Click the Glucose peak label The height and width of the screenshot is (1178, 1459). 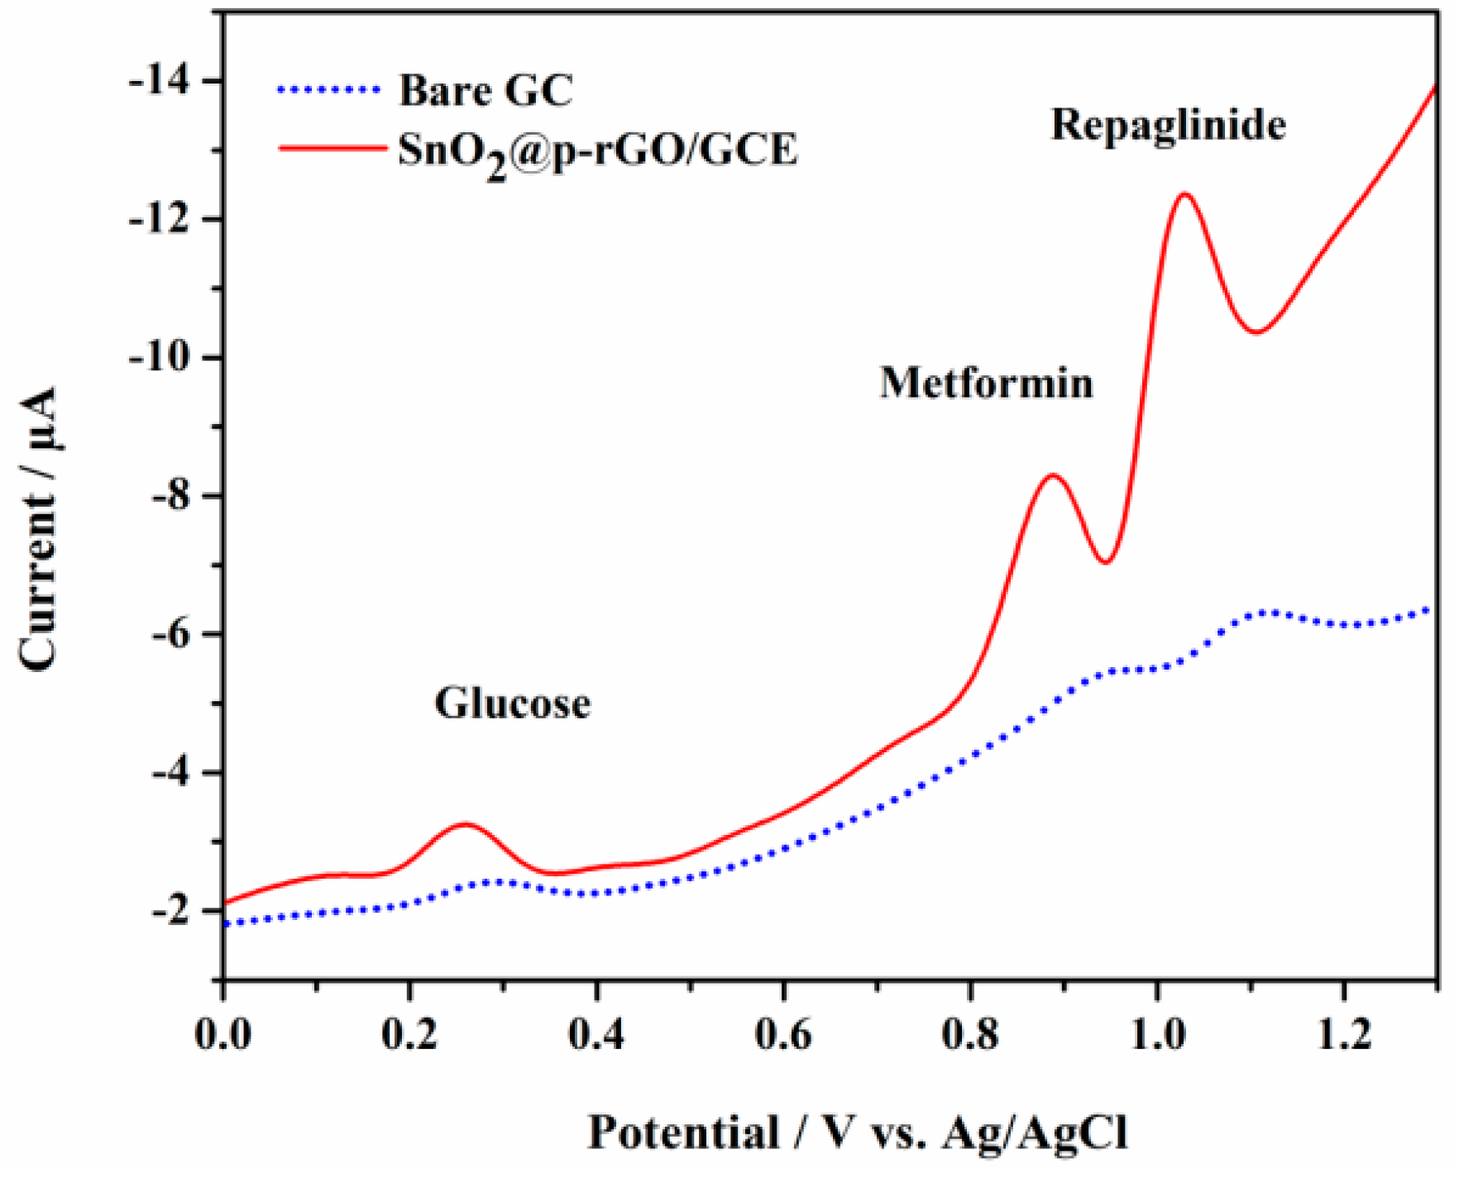(x=512, y=703)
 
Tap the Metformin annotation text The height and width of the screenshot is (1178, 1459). (x=986, y=383)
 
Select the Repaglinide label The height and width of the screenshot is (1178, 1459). (x=1168, y=126)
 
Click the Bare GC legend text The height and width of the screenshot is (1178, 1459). (x=486, y=90)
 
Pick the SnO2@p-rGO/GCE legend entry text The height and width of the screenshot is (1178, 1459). (x=597, y=151)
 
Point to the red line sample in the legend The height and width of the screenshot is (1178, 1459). (x=331, y=149)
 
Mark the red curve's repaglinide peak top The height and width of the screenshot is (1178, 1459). (x=1184, y=194)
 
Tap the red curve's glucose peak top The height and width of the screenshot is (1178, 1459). (x=465, y=824)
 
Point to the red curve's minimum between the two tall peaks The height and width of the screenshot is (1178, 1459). (x=1106, y=562)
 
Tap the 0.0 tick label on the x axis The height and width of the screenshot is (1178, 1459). (x=223, y=1034)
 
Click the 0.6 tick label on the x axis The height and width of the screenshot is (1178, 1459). (x=782, y=1034)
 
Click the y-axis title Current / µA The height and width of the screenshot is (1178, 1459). (x=37, y=529)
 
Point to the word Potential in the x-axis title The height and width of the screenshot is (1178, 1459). (x=683, y=1132)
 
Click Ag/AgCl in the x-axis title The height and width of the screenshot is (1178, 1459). (x=1035, y=1132)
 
